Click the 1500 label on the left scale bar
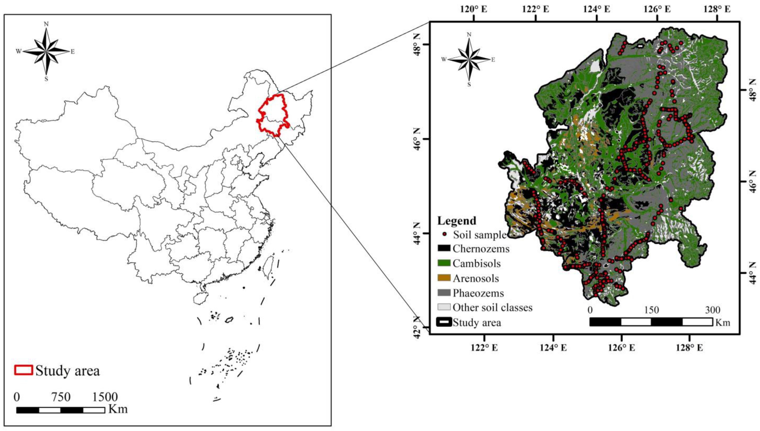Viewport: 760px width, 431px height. [105, 397]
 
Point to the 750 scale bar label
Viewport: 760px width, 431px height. [61, 397]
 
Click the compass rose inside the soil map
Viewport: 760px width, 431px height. [469, 59]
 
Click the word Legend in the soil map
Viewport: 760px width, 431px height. [457, 220]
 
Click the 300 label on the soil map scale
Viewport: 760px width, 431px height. [712, 310]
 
